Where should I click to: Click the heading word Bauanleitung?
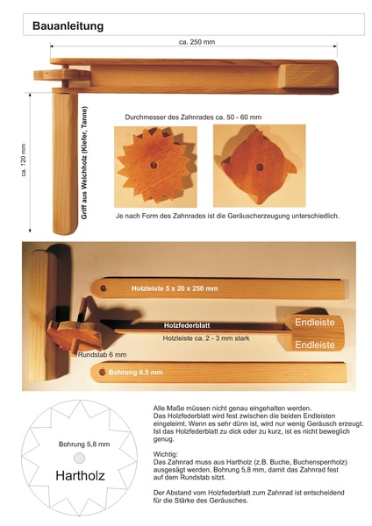68,26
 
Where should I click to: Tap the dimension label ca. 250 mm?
197,42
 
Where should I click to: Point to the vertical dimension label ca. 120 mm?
24,160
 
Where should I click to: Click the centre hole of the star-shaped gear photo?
154,165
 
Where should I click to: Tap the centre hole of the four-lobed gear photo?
260,167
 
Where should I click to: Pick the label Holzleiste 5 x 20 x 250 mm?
175,288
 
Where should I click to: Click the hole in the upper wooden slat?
103,288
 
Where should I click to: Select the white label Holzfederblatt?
187,325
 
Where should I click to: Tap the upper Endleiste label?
315,323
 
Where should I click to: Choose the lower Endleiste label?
315,345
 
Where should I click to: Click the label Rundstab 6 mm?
103,354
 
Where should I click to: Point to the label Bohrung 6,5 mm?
136,373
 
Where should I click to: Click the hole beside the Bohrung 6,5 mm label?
103,372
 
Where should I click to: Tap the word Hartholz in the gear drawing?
80,476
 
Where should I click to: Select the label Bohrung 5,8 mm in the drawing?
84,444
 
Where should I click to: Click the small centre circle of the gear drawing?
80,458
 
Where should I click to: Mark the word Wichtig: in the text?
166,454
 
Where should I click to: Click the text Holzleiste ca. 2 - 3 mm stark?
206,338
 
